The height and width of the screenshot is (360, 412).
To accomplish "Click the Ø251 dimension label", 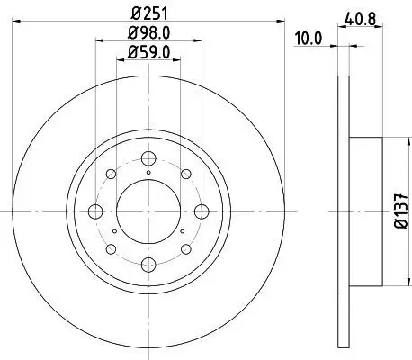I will (148, 13).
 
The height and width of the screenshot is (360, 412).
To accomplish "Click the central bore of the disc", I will (148, 212).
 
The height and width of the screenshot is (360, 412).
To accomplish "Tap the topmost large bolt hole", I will (148, 155).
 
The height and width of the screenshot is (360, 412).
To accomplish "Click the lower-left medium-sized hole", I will (112, 249).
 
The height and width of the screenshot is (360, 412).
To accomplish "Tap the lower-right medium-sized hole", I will (184, 249).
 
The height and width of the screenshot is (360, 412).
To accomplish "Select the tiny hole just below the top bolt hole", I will (148, 170).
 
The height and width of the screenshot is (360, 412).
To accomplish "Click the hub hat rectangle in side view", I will (364, 212).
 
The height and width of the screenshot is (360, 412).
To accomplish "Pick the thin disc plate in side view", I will (342, 212).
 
